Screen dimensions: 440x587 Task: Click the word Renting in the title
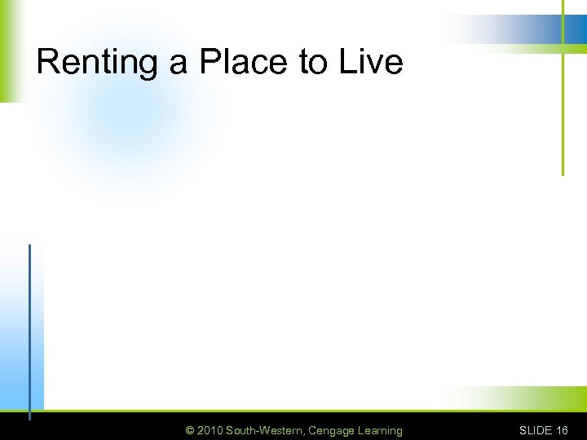tap(98, 62)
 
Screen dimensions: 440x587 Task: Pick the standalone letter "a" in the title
tap(179, 64)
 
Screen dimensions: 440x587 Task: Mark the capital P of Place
tap(210, 62)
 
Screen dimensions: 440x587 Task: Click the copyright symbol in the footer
tap(190, 430)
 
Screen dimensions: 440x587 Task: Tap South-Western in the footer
tap(264, 430)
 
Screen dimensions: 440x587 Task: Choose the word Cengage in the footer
tap(331, 430)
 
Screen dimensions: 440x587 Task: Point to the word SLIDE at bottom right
tap(536, 430)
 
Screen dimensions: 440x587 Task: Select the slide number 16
tap(562, 430)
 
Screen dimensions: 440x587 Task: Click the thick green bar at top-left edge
tap(8, 49)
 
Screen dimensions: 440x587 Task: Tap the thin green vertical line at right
tap(563, 114)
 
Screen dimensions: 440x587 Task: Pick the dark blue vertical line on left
tap(29, 326)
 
